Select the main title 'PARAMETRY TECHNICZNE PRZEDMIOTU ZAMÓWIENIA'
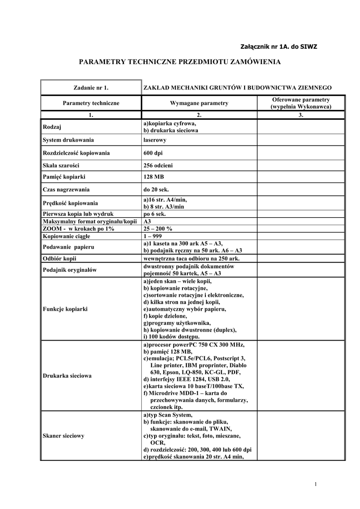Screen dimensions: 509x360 tap(180, 62)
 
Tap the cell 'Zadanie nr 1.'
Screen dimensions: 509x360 tap(91, 87)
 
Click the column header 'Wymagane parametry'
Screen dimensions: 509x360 tap(199, 103)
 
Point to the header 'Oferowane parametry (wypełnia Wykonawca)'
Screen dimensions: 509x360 tap(301, 103)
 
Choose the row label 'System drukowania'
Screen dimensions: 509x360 tap(69, 140)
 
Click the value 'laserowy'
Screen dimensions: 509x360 tap(155, 140)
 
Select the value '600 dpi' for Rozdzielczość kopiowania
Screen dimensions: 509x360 tap(153, 153)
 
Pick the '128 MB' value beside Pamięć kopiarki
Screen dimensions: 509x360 tap(154, 177)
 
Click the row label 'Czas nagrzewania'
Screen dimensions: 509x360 tap(66, 189)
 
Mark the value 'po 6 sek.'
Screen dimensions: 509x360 tap(155, 214)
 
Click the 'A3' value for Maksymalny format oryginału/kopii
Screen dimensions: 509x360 tap(147, 221)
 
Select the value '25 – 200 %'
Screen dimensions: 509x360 tap(158, 229)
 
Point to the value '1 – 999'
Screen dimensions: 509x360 tap(154, 236)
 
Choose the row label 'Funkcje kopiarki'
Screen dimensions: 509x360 tap(65, 309)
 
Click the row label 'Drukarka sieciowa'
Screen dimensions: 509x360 tap(67, 376)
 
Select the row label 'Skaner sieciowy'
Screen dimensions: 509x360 tap(64, 435)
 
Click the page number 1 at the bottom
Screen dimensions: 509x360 tap(316, 485)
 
